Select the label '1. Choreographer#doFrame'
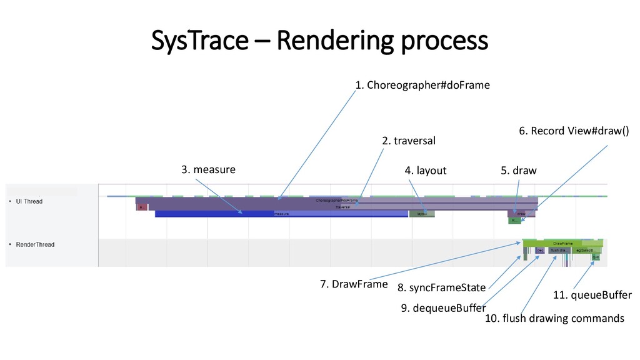(x=422, y=85)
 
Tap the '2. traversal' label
(x=408, y=141)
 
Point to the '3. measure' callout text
(x=208, y=169)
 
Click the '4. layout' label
(x=426, y=170)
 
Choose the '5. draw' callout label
(x=518, y=170)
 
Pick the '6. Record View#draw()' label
(x=574, y=131)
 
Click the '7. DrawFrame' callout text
(x=354, y=284)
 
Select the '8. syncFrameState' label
(x=441, y=288)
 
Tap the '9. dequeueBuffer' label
(x=442, y=307)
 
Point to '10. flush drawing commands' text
(x=554, y=319)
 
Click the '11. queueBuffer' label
(x=592, y=295)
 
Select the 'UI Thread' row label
(x=29, y=201)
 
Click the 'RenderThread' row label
(x=34, y=244)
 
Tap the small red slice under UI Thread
(x=141, y=207)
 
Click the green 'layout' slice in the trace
(x=422, y=214)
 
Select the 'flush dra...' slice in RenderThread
(x=559, y=251)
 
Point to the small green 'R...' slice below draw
(x=514, y=221)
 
